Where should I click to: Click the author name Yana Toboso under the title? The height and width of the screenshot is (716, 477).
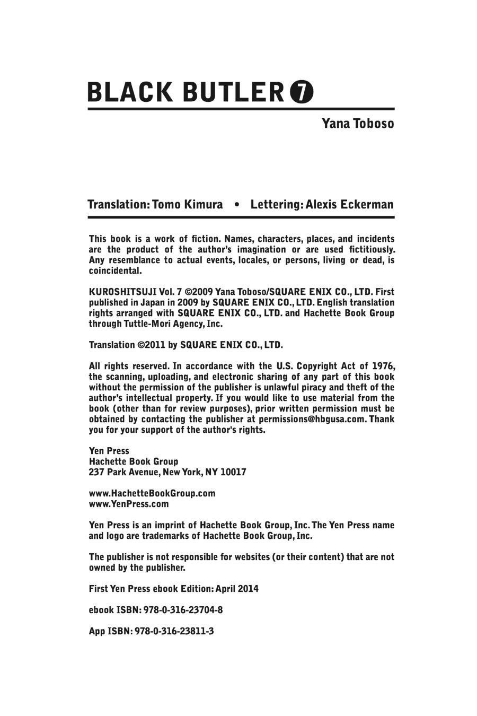pyautogui.click(x=358, y=124)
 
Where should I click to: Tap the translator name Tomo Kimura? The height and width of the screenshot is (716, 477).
pyautogui.click(x=187, y=205)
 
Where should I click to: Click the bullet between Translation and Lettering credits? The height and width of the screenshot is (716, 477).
pyautogui.click(x=236, y=205)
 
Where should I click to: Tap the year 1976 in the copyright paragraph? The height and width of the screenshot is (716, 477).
pyautogui.click(x=383, y=366)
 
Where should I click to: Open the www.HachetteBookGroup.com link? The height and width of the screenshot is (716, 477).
pyautogui.click(x=152, y=493)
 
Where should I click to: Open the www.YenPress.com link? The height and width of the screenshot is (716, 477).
pyautogui.click(x=129, y=504)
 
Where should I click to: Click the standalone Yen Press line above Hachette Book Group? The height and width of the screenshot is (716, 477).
pyautogui.click(x=109, y=451)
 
